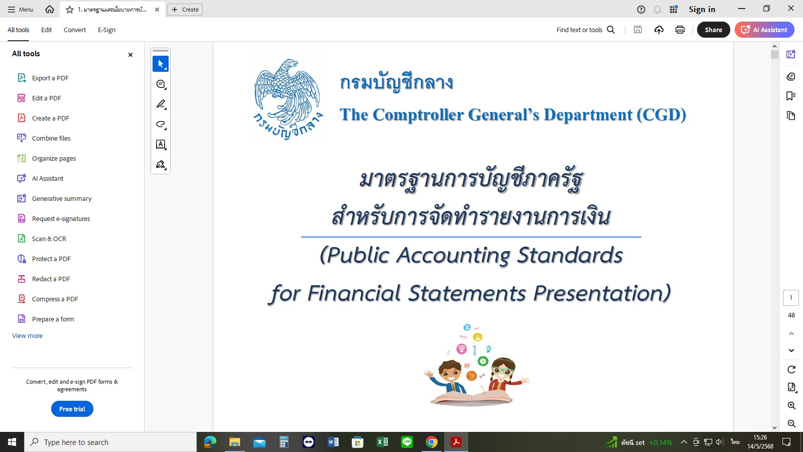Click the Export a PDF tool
click(43, 78)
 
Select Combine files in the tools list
click(44, 138)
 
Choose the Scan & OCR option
click(42, 239)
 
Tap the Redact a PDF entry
click(44, 279)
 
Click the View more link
click(27, 336)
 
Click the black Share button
click(713, 30)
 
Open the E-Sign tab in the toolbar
click(106, 30)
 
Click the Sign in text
click(702, 10)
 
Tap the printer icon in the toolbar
click(680, 30)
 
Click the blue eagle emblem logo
click(288, 98)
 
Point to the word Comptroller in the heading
click(418, 115)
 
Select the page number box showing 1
click(790, 298)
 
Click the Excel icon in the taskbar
click(382, 442)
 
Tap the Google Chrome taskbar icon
click(431, 442)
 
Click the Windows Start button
click(12, 442)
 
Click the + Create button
click(185, 10)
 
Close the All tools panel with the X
click(130, 55)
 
